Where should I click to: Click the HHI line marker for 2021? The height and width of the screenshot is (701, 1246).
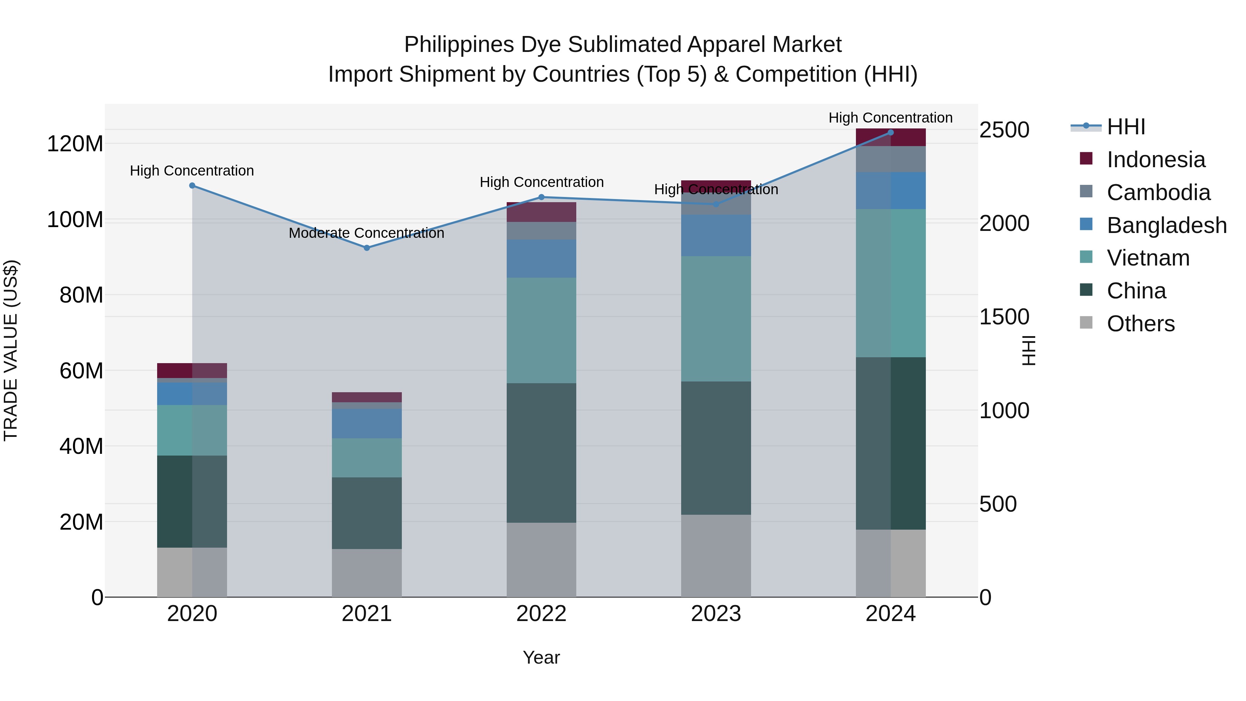[367, 248]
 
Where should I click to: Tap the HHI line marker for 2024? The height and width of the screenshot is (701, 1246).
[891, 133]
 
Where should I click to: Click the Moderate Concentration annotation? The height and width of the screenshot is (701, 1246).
[366, 233]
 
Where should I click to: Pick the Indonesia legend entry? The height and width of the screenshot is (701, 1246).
[1156, 160]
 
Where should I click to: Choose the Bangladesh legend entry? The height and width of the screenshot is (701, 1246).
[1166, 225]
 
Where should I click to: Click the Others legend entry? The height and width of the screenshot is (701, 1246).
[1140, 324]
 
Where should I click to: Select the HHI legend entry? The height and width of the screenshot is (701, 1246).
[1126, 127]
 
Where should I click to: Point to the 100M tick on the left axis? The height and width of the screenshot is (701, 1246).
[75, 219]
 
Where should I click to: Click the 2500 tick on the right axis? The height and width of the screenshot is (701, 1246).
[1004, 130]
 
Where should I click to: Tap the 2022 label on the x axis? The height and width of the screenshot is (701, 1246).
[541, 614]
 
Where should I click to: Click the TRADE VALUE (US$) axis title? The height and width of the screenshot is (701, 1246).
[11, 350]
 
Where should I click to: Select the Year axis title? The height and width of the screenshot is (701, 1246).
[541, 657]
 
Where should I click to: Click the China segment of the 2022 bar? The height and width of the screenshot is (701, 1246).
[541, 452]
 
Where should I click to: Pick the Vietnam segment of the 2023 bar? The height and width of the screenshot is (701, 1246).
[716, 318]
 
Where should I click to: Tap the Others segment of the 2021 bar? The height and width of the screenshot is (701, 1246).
[367, 573]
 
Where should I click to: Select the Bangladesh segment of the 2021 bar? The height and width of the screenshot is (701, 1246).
[367, 423]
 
